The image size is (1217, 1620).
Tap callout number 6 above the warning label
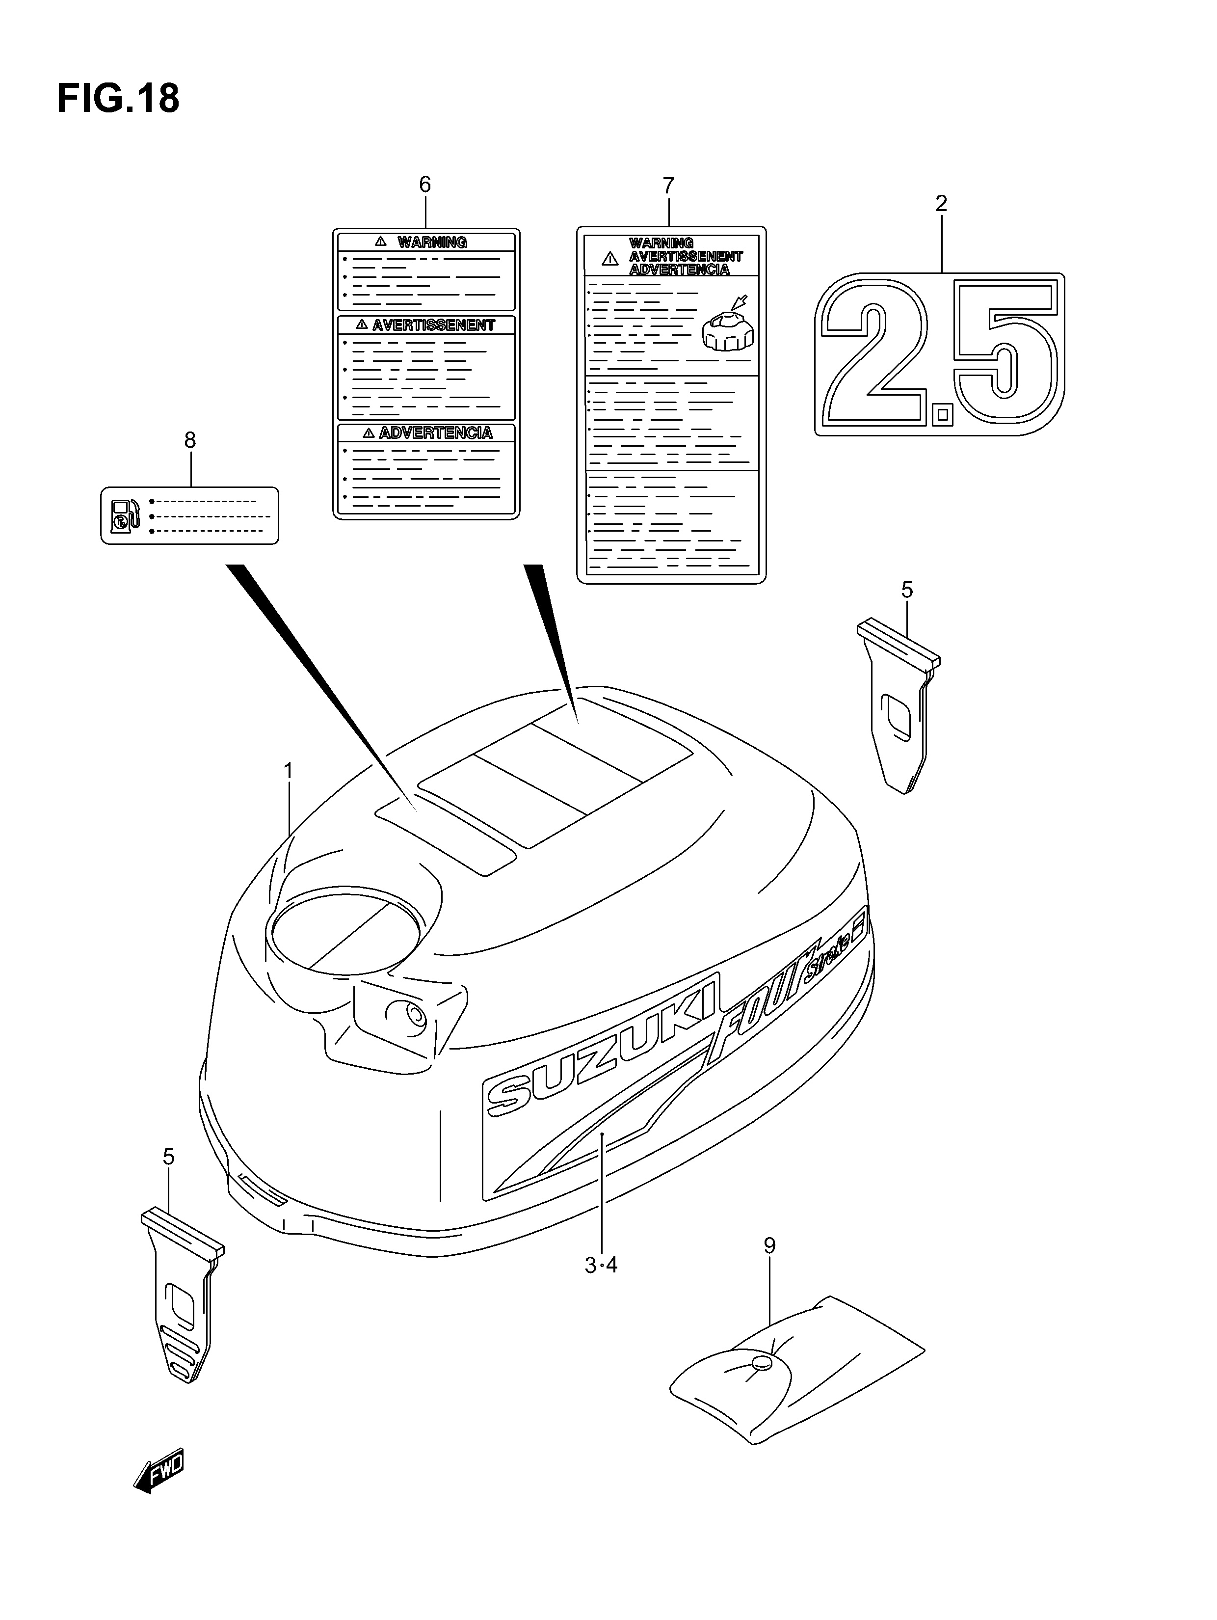(x=424, y=185)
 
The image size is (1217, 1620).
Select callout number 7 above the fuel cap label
(x=668, y=186)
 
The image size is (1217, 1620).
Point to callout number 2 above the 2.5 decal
(x=941, y=204)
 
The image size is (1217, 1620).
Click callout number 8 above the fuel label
(x=189, y=440)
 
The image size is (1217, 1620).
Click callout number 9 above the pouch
(x=769, y=1246)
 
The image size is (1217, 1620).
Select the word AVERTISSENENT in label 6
(x=433, y=325)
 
